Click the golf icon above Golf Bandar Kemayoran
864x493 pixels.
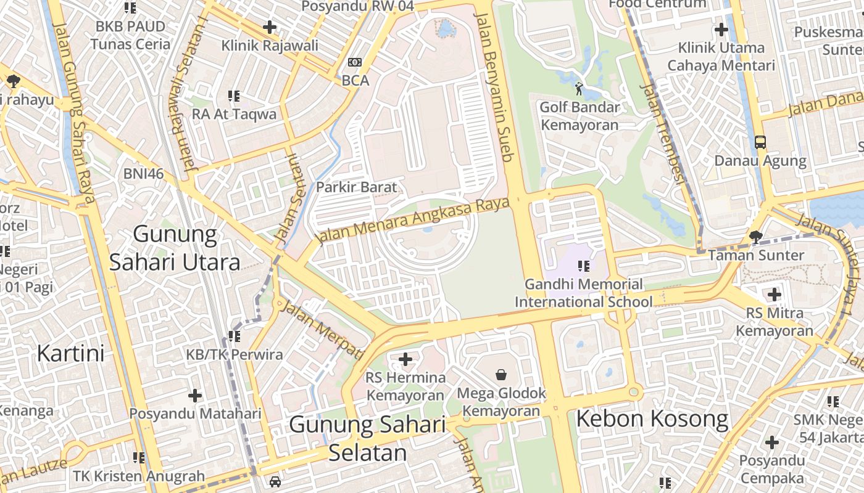point(579,89)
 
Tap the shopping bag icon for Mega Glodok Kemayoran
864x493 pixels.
point(501,374)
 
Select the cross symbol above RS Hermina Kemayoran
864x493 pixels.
point(405,359)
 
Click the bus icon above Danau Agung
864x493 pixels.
point(760,142)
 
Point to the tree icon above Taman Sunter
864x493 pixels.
point(755,237)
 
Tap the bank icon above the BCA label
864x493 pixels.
point(355,62)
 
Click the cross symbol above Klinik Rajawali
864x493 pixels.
point(270,27)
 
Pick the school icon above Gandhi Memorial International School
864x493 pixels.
point(583,266)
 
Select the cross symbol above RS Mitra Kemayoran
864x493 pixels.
point(775,295)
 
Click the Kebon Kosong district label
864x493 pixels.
point(652,419)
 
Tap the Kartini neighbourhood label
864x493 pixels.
point(70,354)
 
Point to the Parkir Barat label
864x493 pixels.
point(356,187)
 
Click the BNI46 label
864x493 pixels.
point(143,174)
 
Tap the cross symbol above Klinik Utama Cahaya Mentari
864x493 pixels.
point(721,29)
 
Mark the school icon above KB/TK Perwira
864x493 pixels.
point(234,336)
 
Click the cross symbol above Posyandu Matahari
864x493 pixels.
point(195,396)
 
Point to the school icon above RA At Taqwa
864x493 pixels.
point(234,96)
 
